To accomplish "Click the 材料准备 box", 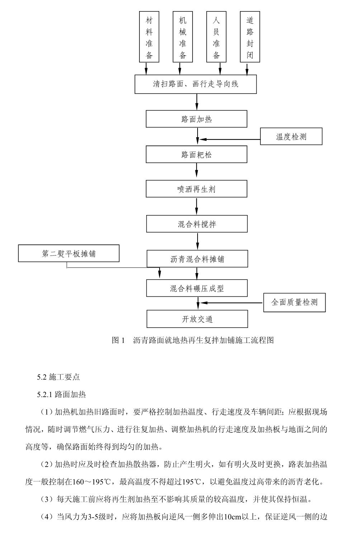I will click(149, 37).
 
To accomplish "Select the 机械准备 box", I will click(183, 37).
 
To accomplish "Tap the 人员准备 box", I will click(216, 37).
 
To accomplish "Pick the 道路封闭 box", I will click(250, 37).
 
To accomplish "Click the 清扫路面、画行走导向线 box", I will click(195, 85).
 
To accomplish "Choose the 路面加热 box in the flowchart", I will click(196, 119).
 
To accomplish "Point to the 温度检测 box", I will click(291, 137).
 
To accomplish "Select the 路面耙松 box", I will click(196, 155).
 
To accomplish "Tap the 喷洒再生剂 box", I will click(196, 189).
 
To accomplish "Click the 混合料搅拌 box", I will click(196, 224).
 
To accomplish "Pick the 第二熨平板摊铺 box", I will click(69, 254).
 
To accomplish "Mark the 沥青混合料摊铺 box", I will click(197, 259).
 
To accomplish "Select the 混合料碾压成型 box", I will click(197, 288).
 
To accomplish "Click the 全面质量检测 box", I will click(294, 302).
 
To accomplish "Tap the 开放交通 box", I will click(197, 319).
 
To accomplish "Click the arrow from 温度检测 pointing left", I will click(229, 139).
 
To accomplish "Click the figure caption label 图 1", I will click(118, 340).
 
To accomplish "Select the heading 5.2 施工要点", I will click(58, 377).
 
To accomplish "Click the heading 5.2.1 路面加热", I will click(61, 395).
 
